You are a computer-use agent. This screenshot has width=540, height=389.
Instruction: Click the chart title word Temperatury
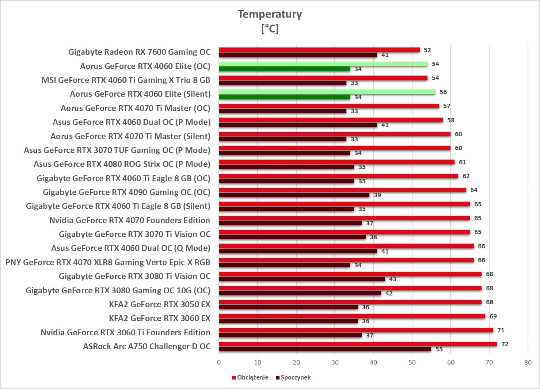pyautogui.click(x=270, y=14)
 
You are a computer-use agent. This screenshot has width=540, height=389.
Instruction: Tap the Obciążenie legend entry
pyautogui.click(x=252, y=377)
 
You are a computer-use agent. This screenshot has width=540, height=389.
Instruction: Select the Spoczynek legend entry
pyautogui.click(x=296, y=377)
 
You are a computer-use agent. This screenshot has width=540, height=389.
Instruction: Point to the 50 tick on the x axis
pyautogui.click(x=412, y=362)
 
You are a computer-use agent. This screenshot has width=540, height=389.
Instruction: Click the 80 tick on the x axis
pyautogui.click(x=528, y=362)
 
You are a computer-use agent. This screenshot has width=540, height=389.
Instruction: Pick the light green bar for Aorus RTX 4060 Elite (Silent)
pyautogui.click(x=327, y=92)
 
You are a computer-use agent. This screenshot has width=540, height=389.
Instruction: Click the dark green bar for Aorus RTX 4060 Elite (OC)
pyautogui.click(x=284, y=69)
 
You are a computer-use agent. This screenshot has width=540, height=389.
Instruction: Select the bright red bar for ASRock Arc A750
pyautogui.click(x=358, y=344)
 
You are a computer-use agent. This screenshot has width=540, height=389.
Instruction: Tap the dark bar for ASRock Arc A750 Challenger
pyautogui.click(x=325, y=349)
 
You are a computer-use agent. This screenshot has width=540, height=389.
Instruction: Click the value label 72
pyautogui.click(x=505, y=344)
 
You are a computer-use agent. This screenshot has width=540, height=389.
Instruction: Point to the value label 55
pyautogui.click(x=439, y=349)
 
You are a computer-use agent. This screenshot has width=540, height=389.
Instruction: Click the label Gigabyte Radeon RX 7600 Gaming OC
pyautogui.click(x=139, y=52)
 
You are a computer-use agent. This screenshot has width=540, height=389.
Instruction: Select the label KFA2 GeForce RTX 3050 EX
pyautogui.click(x=160, y=304)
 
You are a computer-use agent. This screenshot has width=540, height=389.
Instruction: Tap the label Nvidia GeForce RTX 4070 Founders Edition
pyautogui.click(x=130, y=220)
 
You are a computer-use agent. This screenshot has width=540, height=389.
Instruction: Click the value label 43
pyautogui.click(x=392, y=279)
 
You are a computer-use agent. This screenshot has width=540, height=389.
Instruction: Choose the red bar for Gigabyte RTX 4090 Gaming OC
pyautogui.click(x=342, y=190)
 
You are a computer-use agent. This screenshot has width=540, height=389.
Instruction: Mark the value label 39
pyautogui.click(x=377, y=195)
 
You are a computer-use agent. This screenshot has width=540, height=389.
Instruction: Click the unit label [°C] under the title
pyautogui.click(x=270, y=28)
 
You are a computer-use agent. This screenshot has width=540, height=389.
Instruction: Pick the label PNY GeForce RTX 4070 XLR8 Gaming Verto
pyautogui.click(x=108, y=262)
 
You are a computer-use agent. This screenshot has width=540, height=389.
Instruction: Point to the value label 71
pyautogui.click(x=501, y=330)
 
